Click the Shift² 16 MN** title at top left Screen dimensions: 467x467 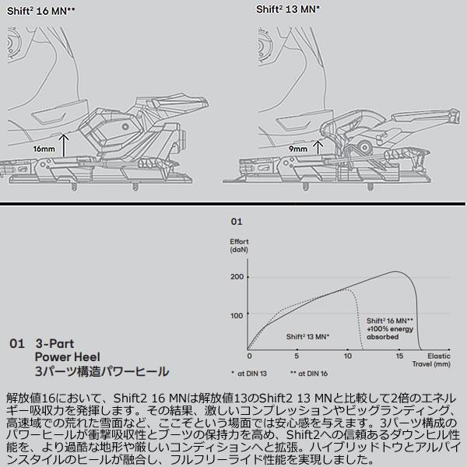[40, 12]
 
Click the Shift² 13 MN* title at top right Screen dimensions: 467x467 [288, 9]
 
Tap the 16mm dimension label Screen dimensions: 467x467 [44, 149]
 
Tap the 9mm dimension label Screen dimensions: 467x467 [298, 149]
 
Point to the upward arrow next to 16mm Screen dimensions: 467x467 [64, 146]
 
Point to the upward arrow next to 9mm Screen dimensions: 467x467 [318, 147]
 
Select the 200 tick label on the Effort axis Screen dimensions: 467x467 [237, 276]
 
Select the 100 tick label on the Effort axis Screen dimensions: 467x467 [237, 315]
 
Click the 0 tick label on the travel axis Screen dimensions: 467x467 [250, 356]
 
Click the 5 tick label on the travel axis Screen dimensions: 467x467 [297, 356]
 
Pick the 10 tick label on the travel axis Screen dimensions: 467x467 [348, 356]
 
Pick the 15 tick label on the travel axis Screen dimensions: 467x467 [399, 356]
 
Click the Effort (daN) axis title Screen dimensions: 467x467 [239, 246]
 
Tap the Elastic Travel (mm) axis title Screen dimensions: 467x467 [431, 360]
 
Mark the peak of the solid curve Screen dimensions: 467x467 [395, 272]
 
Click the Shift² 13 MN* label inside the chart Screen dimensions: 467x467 [307, 337]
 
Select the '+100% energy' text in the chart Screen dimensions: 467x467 [390, 329]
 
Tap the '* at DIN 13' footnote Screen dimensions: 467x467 [249, 374]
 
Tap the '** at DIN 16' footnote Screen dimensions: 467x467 [309, 374]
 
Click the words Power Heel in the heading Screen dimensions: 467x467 [67, 356]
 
